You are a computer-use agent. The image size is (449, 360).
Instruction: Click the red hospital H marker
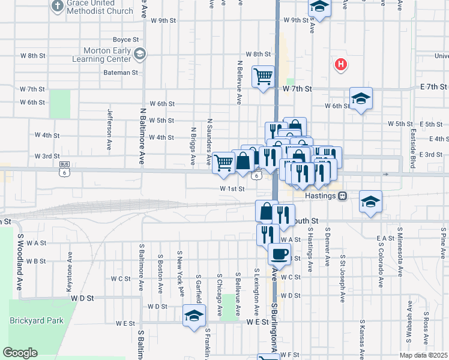pyautogui.click(x=341, y=64)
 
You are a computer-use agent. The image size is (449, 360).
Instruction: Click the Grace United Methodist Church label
pyautogui.click(x=100, y=7)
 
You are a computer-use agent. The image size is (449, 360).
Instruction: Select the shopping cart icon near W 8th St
pyautogui.click(x=263, y=76)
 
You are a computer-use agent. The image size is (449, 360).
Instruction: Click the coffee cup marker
pyautogui.click(x=279, y=254)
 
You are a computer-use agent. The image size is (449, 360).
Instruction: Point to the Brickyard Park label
pyautogui.click(x=37, y=320)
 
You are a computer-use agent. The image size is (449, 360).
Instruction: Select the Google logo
pyautogui.click(x=20, y=353)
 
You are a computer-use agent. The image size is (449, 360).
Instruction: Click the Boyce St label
pyautogui.click(x=126, y=40)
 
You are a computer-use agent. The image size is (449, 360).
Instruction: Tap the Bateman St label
pyautogui.click(x=122, y=73)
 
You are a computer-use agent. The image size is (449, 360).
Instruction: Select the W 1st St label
pyautogui.click(x=232, y=188)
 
